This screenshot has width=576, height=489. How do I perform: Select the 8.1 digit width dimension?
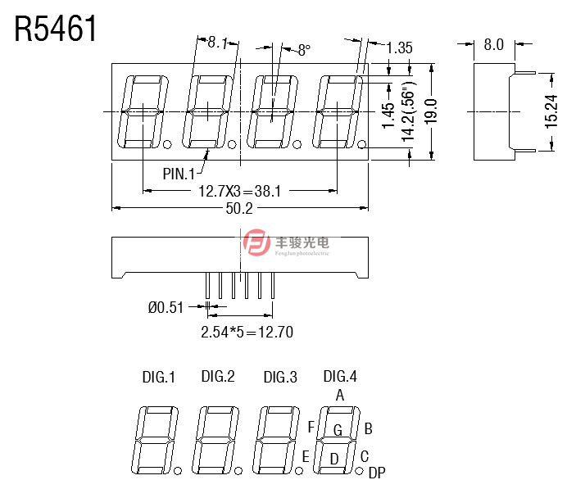(217, 43)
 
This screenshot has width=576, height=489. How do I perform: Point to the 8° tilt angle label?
(304, 51)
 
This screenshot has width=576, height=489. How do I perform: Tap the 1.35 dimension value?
(399, 48)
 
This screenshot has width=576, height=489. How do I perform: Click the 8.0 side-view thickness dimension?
(493, 44)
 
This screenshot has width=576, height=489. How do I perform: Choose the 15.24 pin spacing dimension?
(551, 110)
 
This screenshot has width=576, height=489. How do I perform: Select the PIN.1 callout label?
(179, 174)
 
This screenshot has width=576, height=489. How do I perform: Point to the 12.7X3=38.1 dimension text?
(240, 191)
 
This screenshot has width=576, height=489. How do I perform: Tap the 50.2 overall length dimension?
(238, 209)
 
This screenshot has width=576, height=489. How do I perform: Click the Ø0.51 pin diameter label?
(166, 308)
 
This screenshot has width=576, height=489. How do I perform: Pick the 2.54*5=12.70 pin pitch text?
(247, 332)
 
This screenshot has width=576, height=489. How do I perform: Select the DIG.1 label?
(159, 378)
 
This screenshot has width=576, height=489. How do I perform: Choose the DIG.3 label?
(280, 378)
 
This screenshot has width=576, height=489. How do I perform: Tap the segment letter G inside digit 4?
(337, 429)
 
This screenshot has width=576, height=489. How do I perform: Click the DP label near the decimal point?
(377, 473)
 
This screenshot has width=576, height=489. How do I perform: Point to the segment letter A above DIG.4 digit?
(340, 395)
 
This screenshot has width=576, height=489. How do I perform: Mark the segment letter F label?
(311, 427)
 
